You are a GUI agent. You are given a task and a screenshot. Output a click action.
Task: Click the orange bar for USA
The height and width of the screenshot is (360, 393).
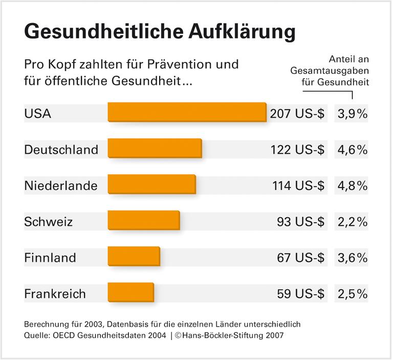(x=187, y=112)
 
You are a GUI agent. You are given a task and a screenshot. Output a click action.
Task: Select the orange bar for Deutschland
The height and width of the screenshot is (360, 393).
(x=155, y=149)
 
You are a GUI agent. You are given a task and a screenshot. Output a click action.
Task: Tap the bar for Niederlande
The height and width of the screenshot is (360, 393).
(x=151, y=184)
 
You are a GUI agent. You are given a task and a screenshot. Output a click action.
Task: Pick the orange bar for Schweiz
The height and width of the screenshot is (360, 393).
(x=143, y=221)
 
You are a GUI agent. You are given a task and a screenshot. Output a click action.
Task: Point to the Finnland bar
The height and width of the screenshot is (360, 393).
(x=134, y=257)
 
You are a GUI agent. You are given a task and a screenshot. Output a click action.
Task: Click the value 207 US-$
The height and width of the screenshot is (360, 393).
(x=297, y=114)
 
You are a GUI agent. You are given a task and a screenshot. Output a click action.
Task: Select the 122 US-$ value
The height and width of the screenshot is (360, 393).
(x=297, y=150)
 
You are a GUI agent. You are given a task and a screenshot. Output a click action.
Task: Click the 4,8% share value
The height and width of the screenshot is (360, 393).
(x=353, y=186)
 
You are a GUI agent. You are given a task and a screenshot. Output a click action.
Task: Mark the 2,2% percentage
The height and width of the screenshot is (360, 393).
(x=353, y=222)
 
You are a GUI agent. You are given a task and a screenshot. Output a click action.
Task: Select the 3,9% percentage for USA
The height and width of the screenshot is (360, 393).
(x=353, y=114)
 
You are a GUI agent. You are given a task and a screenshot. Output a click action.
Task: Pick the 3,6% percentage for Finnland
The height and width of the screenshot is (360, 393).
(x=353, y=258)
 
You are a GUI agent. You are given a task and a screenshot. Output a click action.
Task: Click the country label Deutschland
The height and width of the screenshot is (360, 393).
(x=61, y=150)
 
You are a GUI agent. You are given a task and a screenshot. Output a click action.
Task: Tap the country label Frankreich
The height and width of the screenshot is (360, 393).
(x=55, y=294)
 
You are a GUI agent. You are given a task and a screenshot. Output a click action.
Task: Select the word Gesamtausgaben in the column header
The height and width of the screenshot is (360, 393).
(x=330, y=70)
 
